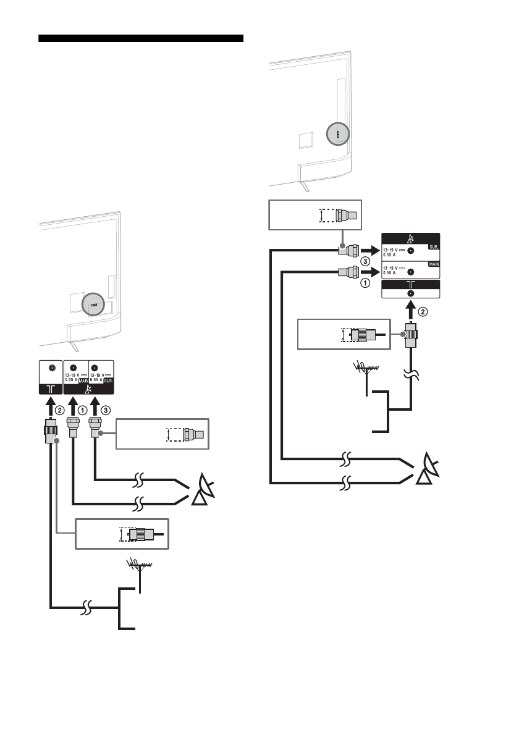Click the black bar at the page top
pyautogui.click(x=141, y=39)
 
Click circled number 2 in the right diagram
pyautogui.click(x=423, y=312)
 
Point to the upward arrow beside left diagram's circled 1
pyautogui.click(x=73, y=408)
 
